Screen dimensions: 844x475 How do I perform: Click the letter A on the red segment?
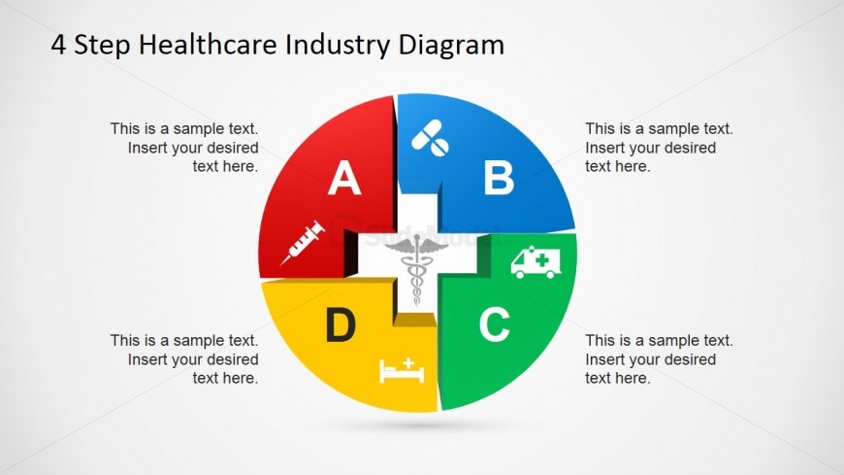344,178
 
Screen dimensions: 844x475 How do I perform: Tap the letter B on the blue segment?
499,178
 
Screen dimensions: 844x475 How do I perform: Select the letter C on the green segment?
495,324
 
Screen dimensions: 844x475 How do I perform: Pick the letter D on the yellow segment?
341,325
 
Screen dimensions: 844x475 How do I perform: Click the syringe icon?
303,243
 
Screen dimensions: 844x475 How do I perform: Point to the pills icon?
430,138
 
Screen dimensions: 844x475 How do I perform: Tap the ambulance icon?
536,262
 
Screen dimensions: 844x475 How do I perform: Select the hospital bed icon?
402,370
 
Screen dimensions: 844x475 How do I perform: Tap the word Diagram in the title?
451,46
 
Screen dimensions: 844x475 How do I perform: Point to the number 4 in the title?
58,45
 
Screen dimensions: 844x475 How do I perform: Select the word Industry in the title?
338,46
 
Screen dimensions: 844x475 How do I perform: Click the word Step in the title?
102,46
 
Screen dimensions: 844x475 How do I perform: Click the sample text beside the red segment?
184,148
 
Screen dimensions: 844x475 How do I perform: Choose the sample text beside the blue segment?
659,148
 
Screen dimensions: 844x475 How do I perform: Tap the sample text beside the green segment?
659,359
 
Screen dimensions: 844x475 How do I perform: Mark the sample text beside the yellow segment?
184,359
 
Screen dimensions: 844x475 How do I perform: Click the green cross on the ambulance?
542,260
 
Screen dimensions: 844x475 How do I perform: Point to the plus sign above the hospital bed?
408,363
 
